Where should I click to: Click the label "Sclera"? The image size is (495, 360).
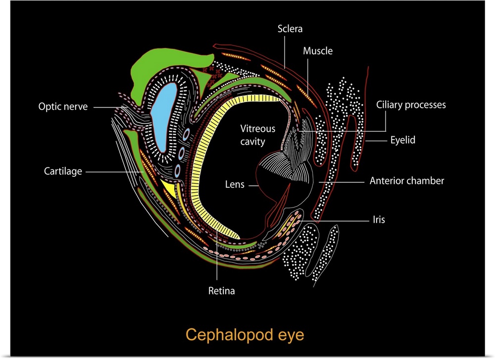point(290,29)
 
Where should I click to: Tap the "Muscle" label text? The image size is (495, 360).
point(318,51)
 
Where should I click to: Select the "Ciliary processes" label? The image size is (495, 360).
point(411,105)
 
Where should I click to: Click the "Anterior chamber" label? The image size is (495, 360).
point(407,181)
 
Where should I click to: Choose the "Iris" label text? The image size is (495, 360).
point(379,219)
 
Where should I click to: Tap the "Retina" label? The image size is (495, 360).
point(221,291)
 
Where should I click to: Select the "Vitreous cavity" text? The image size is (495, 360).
point(257,135)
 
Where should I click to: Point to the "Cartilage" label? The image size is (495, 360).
point(62,172)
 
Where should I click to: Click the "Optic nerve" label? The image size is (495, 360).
point(63,106)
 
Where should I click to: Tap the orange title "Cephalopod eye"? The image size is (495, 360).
point(245,335)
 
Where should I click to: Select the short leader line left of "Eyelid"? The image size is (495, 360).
point(376,141)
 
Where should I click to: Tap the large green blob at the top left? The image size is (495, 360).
point(148,64)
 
